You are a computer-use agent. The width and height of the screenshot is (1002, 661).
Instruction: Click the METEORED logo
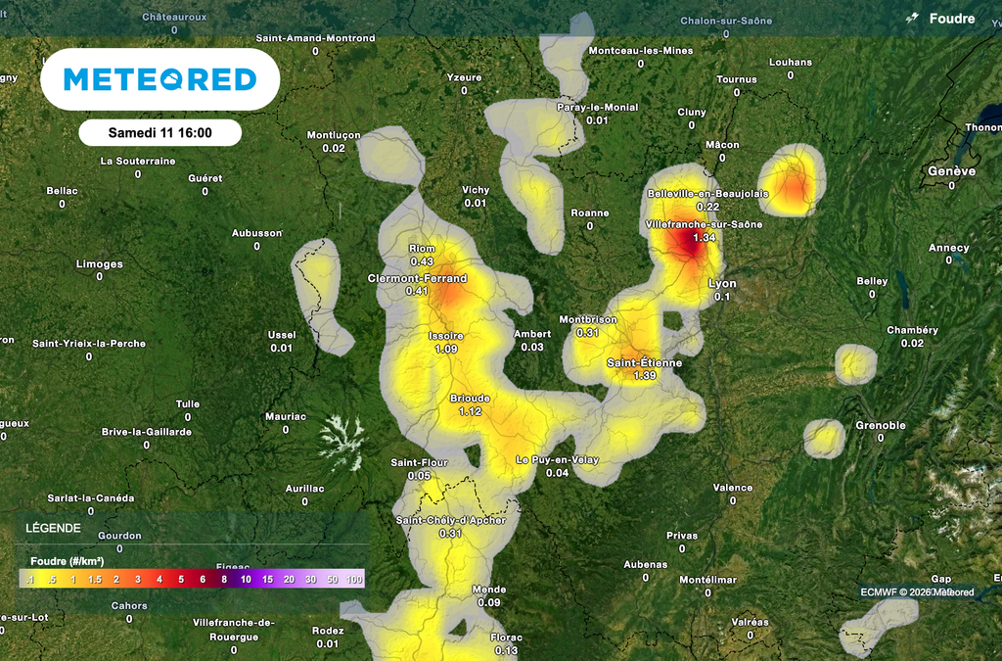click(160, 79)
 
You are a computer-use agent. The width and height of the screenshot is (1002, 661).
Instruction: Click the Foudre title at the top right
click(951, 19)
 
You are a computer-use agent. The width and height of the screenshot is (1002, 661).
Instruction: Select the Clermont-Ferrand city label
click(417, 278)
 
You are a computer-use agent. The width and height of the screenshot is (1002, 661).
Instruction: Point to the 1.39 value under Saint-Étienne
click(644, 376)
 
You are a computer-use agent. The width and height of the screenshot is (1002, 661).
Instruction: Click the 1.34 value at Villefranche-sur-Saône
click(704, 238)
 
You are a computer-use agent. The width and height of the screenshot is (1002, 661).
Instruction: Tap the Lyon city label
click(722, 284)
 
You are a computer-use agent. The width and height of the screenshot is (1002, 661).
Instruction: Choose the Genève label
click(952, 171)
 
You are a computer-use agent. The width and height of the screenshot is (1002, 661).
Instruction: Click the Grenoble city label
click(880, 426)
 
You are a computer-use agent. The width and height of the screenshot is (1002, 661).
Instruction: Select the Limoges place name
click(100, 264)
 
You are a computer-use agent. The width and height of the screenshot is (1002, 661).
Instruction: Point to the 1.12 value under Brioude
click(471, 411)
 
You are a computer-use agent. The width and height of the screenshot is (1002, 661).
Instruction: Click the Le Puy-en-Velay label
click(557, 460)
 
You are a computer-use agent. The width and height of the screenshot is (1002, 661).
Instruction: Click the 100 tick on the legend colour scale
click(353, 580)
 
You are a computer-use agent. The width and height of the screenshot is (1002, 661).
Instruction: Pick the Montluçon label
click(334, 135)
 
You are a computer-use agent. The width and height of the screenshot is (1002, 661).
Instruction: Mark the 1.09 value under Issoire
click(446, 349)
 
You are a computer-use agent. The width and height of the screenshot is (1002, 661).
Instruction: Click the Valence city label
click(733, 488)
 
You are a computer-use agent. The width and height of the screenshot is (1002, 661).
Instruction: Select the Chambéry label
click(912, 330)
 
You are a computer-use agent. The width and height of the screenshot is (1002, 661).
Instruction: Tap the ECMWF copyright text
click(917, 591)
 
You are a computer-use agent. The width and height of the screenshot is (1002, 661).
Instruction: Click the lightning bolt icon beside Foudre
click(912, 19)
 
